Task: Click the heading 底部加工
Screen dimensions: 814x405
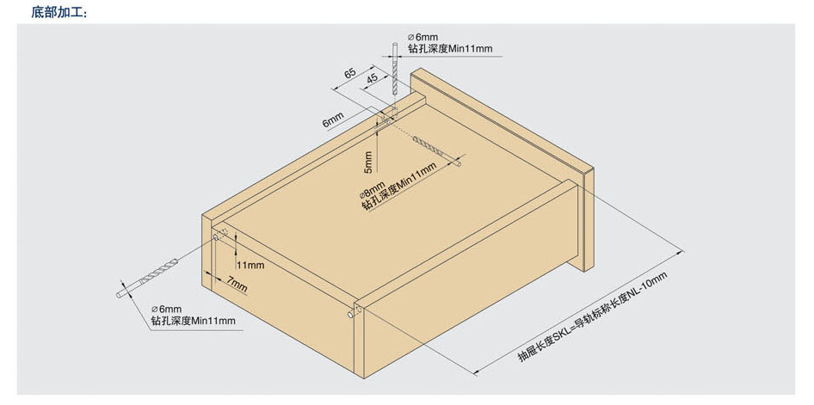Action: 59,12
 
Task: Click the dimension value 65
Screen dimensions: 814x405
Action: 350,73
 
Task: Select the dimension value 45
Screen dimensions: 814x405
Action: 373,79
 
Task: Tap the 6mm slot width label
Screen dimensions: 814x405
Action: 333,122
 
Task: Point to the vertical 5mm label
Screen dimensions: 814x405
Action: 368,163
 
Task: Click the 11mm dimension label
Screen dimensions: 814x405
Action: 250,265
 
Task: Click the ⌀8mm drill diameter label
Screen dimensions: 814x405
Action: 373,190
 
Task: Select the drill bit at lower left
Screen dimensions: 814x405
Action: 147,278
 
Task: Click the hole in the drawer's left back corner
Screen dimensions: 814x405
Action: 215,237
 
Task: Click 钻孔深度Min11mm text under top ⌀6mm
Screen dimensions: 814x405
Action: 450,49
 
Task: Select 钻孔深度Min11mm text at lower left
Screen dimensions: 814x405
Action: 193,321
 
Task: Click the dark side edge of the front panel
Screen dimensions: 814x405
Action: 589,221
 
